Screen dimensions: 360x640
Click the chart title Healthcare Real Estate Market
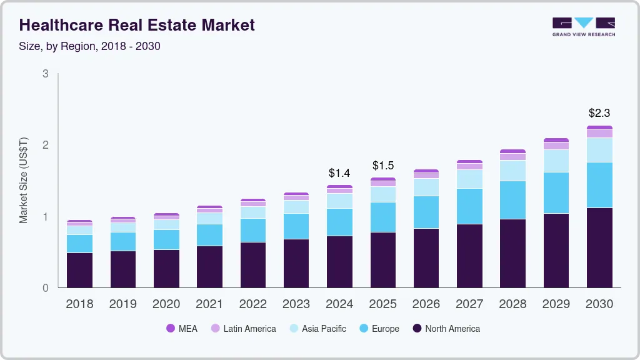point(137,25)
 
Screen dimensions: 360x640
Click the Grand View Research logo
point(583,27)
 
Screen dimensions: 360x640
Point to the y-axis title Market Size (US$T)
point(24,181)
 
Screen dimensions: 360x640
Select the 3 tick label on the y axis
point(46,74)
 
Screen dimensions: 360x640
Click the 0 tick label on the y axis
point(46,288)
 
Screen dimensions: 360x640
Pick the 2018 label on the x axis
point(79,304)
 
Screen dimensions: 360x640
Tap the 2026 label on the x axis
point(426,304)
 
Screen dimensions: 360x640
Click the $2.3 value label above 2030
point(599,113)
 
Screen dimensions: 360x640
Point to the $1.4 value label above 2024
point(339,172)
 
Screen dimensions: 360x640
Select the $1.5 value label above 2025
point(383,166)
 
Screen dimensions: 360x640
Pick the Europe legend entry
point(379,329)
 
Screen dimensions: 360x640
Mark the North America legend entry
point(446,329)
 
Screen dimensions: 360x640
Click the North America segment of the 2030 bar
point(599,247)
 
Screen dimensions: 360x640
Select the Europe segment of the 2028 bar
point(512,200)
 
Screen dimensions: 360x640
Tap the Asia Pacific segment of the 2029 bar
point(556,161)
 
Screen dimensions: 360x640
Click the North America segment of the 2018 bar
point(79,270)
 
